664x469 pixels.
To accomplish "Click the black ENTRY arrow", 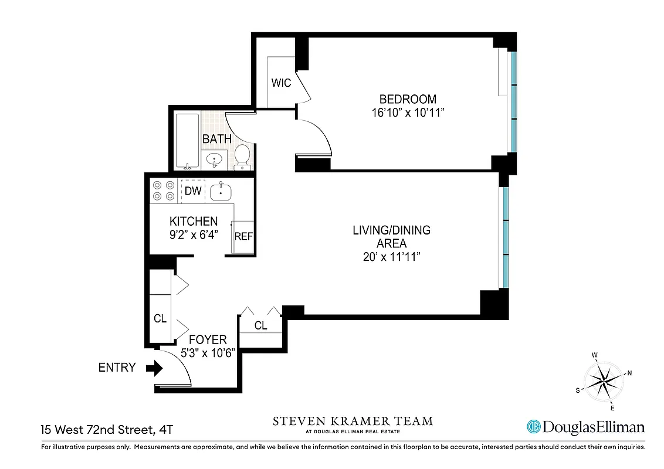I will (154, 368).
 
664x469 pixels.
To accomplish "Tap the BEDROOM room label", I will (408, 99).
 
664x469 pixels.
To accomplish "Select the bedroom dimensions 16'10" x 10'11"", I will (408, 113).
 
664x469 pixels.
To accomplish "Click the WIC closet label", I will (281, 83).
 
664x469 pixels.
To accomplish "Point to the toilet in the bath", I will (242, 156).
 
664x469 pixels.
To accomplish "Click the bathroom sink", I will (215, 158).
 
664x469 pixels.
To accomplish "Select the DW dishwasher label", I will (192, 191).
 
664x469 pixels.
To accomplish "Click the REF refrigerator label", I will (243, 236).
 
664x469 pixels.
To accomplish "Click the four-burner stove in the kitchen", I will (164, 190).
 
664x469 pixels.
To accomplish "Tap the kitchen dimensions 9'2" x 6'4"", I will (194, 236).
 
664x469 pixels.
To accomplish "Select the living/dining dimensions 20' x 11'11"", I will (391, 257).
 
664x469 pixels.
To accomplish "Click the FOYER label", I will (207, 340).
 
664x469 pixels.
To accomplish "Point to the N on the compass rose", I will (629, 372).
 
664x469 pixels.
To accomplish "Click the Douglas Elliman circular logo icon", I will (533, 427).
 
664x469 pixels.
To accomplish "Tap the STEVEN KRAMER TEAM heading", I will (353, 421).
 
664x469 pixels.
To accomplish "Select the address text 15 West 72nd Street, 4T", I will (107, 430).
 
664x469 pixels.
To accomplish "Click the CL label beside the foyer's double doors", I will (261, 326).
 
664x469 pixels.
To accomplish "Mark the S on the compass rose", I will (578, 390).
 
